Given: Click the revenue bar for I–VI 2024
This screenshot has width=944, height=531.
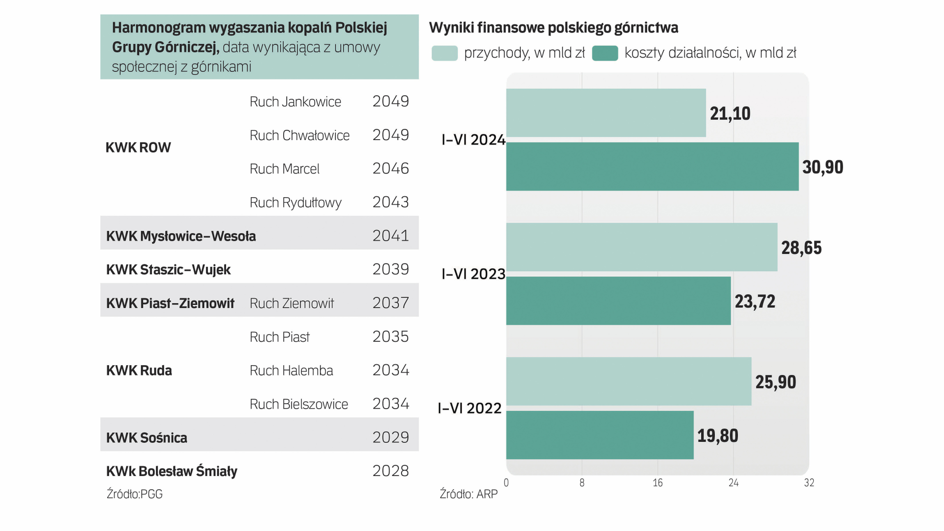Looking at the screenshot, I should (x=606, y=113).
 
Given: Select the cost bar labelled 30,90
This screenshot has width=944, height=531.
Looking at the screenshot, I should (x=652, y=167).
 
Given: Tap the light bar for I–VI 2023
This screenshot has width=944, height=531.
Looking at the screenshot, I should (x=642, y=247).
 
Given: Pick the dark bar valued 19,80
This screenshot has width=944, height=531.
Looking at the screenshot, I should (x=600, y=435).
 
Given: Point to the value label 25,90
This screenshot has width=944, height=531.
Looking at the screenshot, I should (x=775, y=382).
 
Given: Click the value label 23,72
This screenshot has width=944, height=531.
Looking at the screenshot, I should (x=755, y=301).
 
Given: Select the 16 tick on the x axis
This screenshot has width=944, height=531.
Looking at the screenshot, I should (x=657, y=483).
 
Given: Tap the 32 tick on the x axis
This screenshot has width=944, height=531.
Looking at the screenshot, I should (x=809, y=483).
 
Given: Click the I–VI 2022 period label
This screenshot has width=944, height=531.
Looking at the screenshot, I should (x=470, y=408).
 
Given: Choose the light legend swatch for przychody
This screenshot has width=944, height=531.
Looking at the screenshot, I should (x=444, y=53).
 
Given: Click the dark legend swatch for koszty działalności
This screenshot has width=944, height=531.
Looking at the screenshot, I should (x=605, y=53).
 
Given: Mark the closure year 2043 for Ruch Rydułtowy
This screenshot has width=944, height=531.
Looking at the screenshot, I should (x=390, y=202).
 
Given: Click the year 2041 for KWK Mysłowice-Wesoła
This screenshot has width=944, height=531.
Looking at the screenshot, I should (x=390, y=236).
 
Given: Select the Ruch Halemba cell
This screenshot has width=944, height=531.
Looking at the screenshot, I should (x=291, y=370).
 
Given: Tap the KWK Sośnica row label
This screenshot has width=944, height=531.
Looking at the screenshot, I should (x=147, y=438).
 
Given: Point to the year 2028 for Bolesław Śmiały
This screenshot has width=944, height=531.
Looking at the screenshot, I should (x=390, y=471).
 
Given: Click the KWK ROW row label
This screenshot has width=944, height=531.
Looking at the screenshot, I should (x=138, y=147).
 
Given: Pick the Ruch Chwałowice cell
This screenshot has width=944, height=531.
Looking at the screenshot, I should (x=299, y=135).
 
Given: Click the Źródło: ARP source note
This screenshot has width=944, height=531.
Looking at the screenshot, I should (x=469, y=494).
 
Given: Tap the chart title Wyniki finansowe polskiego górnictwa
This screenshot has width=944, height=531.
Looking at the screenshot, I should (x=554, y=28).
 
